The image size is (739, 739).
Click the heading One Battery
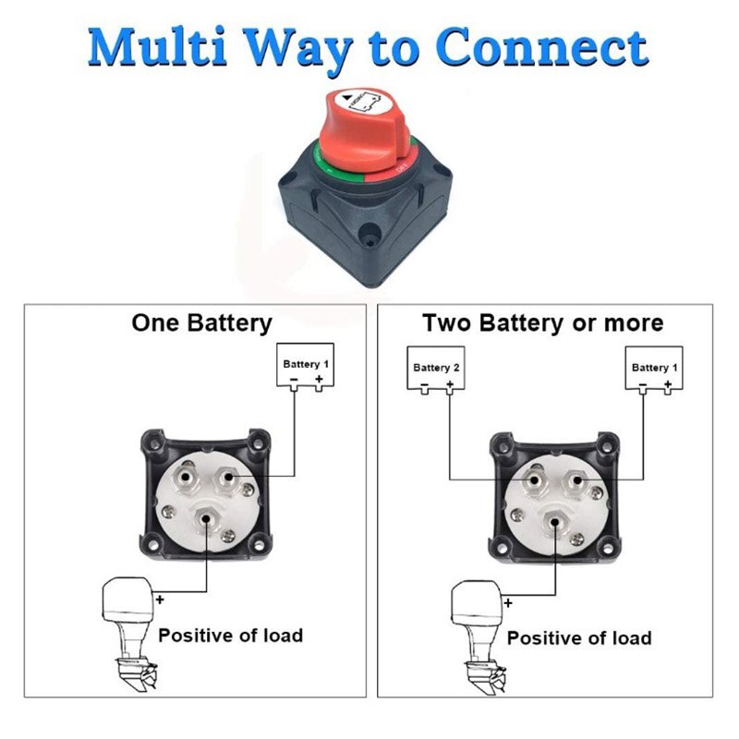[x=202, y=323]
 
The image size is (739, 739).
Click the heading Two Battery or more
[x=543, y=323]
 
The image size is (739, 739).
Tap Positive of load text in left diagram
[x=230, y=636]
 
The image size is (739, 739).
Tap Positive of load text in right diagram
[x=579, y=637]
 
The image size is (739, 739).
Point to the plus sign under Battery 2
[x=450, y=382]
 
